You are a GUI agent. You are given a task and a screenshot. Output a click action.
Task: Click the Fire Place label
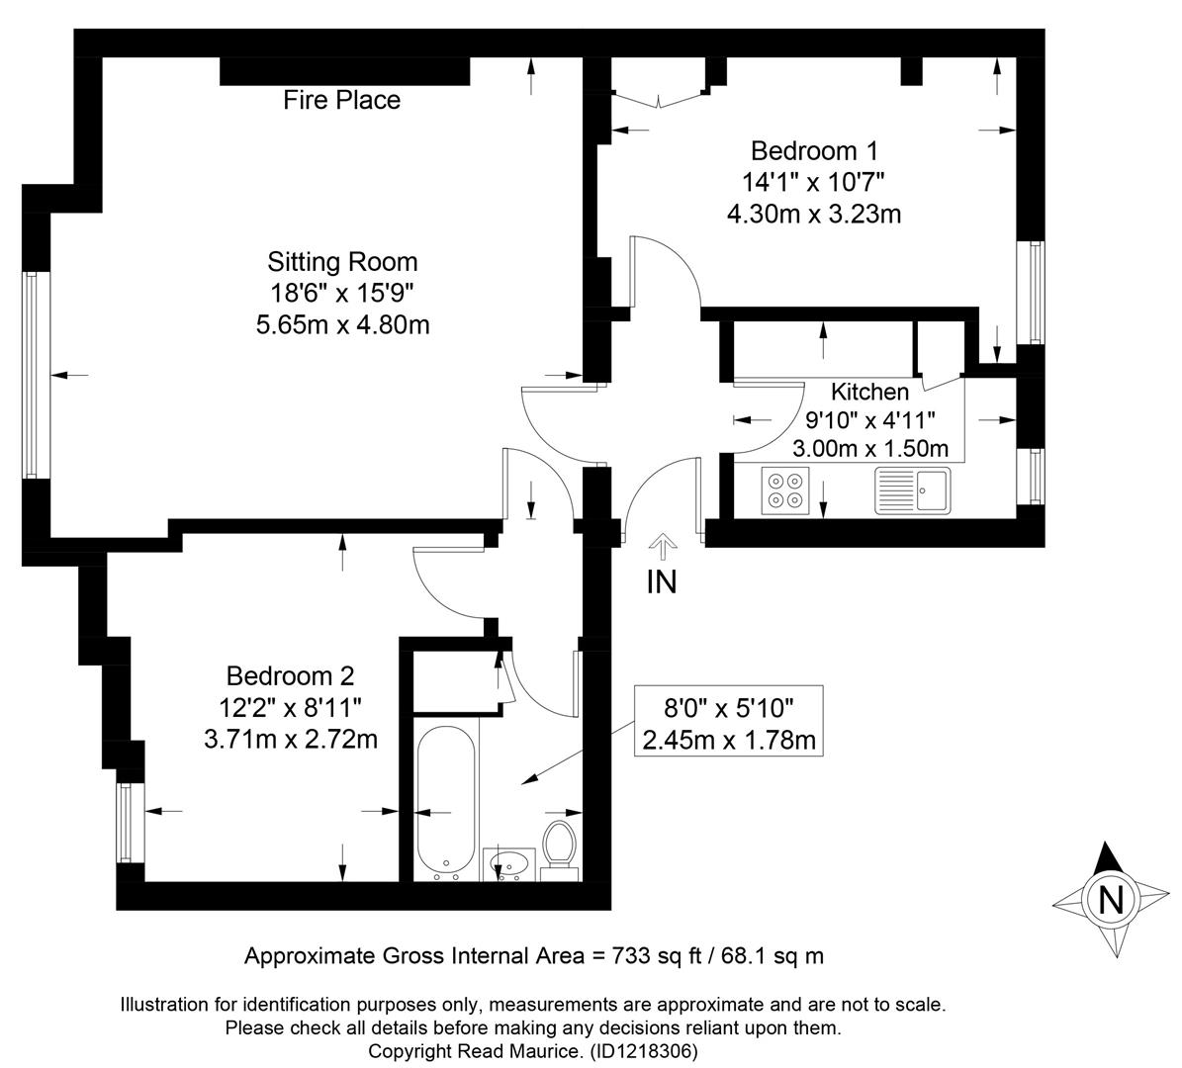click(341, 100)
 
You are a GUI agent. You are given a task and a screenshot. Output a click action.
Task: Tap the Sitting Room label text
click(342, 262)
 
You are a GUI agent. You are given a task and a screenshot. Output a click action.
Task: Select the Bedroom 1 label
click(814, 151)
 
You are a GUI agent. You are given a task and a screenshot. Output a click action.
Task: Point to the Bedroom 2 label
click(290, 676)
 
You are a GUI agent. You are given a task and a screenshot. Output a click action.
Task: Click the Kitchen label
click(869, 392)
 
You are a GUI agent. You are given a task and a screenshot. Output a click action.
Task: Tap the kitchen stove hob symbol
click(784, 490)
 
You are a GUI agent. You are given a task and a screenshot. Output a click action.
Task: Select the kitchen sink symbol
click(913, 490)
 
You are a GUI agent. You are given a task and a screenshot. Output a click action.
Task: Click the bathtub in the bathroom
click(446, 803)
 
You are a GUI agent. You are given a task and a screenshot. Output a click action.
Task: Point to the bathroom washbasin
click(508, 864)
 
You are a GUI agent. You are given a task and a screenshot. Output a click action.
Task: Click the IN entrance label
click(662, 581)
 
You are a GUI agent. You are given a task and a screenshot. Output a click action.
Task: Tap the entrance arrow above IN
click(663, 547)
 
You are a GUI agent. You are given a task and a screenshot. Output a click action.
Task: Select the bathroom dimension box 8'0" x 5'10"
click(728, 721)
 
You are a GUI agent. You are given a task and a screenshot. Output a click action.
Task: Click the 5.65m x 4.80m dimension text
click(343, 325)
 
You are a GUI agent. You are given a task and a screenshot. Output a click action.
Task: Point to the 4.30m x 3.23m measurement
click(814, 215)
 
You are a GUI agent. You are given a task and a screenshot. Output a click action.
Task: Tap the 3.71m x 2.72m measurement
click(291, 740)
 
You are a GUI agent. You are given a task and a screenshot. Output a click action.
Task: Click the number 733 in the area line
click(611, 956)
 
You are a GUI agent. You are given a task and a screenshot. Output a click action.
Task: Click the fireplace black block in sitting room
click(344, 71)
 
